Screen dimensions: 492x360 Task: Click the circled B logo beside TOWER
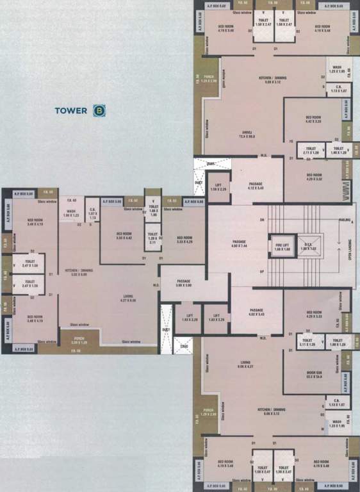pos(99,110)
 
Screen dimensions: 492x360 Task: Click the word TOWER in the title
pos(70,110)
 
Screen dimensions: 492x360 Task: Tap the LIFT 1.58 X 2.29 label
pos(218,187)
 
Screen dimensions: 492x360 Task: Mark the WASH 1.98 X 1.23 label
pos(70,213)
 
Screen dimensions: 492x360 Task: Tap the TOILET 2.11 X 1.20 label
pos(310,151)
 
